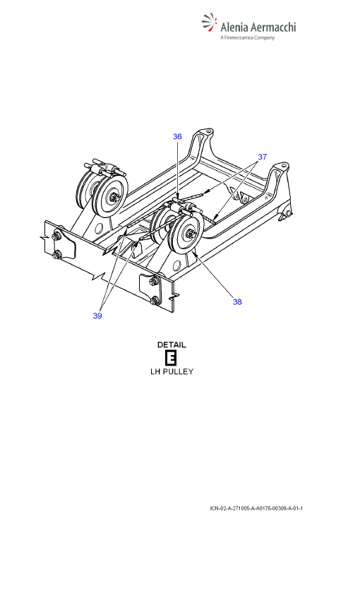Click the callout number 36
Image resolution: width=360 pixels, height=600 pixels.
click(177, 136)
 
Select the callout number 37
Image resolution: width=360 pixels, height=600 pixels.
click(262, 157)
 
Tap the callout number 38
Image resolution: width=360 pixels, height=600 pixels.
click(237, 301)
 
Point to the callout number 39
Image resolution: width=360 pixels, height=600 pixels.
click(97, 316)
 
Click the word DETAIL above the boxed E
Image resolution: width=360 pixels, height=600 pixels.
click(172, 344)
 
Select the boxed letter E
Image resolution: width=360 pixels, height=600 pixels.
click(171, 359)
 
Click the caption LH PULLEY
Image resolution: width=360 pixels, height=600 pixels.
click(172, 371)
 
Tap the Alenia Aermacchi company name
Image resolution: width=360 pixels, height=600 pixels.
click(258, 27)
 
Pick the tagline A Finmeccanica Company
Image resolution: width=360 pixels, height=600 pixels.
click(248, 37)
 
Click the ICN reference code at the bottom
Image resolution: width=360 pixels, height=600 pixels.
click(256, 508)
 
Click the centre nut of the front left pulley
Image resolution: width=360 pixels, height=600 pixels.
click(113, 196)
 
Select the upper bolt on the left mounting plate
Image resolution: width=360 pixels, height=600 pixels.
click(59, 235)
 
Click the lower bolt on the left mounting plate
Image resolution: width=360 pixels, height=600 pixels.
click(57, 254)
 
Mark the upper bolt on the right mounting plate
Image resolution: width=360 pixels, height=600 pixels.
click(154, 281)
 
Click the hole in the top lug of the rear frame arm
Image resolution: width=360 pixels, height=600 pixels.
click(208, 132)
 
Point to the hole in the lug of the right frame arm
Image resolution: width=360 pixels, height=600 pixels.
click(283, 167)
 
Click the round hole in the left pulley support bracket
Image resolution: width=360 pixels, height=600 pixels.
click(98, 229)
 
